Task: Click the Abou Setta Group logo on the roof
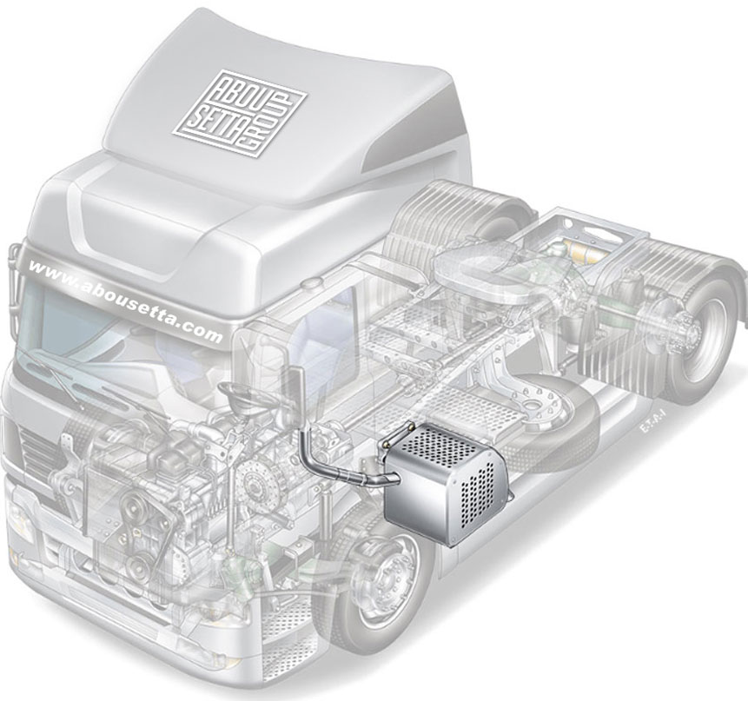240,113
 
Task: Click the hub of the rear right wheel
692,327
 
